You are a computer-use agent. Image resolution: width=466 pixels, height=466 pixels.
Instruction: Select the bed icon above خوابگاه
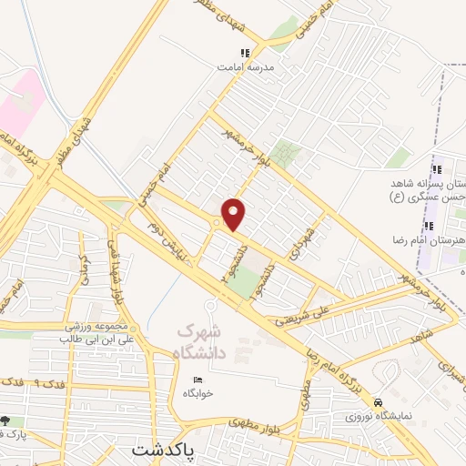(x=196, y=380)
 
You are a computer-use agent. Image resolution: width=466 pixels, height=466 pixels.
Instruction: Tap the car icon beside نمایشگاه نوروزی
(x=379, y=401)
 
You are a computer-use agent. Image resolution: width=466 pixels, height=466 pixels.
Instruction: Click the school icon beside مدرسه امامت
(x=243, y=53)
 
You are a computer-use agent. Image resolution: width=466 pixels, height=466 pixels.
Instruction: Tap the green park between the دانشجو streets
(x=243, y=283)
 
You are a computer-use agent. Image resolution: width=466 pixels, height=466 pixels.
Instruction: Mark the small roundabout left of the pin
(x=217, y=222)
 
